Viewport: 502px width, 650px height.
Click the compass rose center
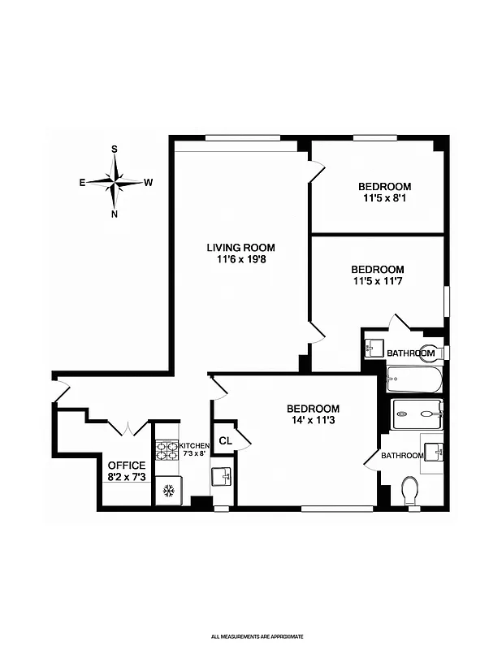coord(115,182)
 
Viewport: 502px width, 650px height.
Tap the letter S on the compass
coord(115,149)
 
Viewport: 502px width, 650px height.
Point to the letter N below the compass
coord(115,214)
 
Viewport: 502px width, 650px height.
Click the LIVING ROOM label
coord(240,248)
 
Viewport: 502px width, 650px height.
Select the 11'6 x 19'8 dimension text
coord(240,260)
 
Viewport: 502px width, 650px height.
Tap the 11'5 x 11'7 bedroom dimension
coord(377,281)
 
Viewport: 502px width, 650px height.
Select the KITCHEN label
coord(195,446)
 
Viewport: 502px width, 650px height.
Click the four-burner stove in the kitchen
coord(167,449)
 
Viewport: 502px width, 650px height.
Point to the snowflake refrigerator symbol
coord(169,491)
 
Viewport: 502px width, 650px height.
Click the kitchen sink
coord(221,476)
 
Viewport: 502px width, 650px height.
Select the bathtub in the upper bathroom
coord(414,379)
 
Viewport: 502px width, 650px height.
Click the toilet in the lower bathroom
coord(409,491)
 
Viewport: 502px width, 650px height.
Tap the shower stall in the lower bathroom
coord(417,414)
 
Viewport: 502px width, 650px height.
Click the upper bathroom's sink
coord(373,348)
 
